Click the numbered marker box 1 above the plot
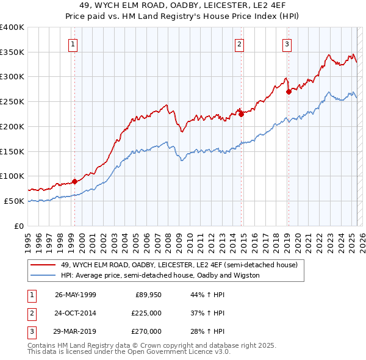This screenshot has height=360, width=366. click(73, 43)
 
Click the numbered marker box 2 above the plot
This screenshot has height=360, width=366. click(240, 43)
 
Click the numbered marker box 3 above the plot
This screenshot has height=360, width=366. click(287, 43)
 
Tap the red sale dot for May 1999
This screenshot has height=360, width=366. click(74, 181)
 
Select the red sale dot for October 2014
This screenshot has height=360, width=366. click(241, 113)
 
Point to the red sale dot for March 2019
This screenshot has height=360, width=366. click(289, 92)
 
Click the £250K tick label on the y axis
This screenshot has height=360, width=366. click(12, 101)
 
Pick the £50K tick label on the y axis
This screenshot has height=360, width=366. click(14, 201)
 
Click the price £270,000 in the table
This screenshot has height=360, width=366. click(146, 331)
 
